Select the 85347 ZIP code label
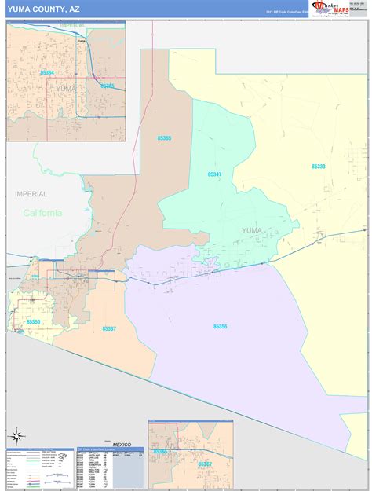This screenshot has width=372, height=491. click(215, 174)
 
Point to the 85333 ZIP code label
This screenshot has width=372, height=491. click(318, 167)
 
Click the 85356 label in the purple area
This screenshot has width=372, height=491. click(221, 326)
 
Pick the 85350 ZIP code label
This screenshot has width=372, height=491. click(33, 322)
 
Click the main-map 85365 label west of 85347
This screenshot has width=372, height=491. click(163, 138)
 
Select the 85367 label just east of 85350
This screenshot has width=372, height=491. click(109, 328)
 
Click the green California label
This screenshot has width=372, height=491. click(42, 213)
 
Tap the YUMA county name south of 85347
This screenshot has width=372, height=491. click(252, 230)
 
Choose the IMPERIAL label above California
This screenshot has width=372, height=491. click(31, 193)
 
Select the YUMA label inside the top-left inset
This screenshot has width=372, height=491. click(67, 88)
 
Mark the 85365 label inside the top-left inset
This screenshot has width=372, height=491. click(108, 86)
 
